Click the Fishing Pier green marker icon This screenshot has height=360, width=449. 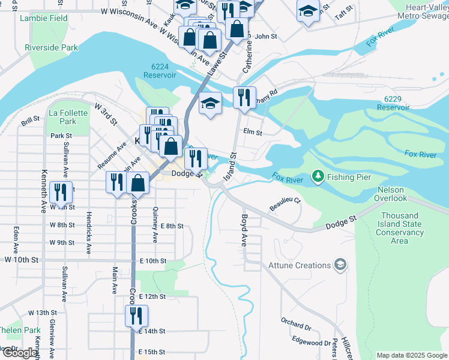317,177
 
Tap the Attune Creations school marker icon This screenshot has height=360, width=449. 340,265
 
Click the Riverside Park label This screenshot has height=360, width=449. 52,47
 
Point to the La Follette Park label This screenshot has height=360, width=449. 62,117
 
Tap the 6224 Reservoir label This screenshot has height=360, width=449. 160,71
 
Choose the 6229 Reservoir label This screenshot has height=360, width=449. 393,103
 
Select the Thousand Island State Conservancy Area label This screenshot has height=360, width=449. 399,228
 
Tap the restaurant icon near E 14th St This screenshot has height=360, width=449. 136,315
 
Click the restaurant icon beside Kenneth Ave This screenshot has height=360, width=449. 61,191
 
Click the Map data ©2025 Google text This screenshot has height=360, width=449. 411,355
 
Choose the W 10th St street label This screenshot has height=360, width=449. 21,260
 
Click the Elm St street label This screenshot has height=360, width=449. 253,132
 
